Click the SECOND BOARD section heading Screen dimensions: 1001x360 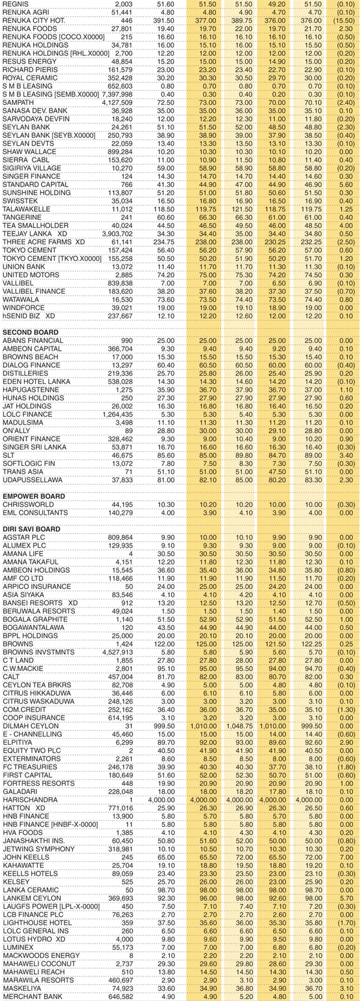[x=31, y=332]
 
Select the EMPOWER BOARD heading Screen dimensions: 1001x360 [x=32, y=497]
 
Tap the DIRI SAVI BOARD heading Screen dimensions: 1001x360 [x=31, y=529]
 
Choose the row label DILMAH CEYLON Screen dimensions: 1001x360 [x=31, y=726]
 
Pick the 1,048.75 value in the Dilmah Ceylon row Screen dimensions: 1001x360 [x=238, y=726]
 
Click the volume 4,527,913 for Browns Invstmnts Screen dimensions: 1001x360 [x=118, y=652]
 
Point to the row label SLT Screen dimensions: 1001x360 [x=9, y=455]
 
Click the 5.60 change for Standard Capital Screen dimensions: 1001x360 [x=347, y=185]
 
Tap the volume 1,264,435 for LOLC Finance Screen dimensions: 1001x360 [x=118, y=414]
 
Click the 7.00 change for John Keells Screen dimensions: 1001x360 [x=347, y=857]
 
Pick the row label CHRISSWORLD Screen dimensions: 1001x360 [x=28, y=504]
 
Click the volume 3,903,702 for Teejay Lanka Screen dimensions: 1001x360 [x=118, y=234]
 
